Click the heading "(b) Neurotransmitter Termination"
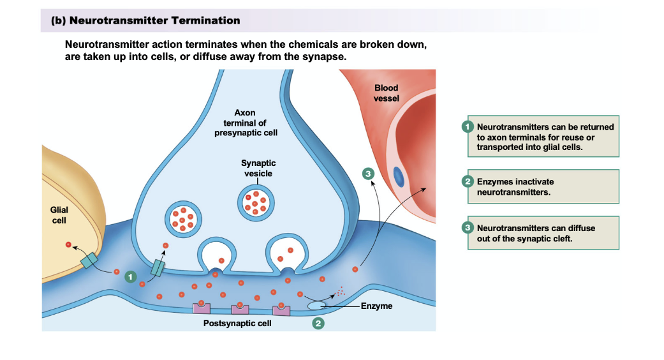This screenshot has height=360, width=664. [145, 20]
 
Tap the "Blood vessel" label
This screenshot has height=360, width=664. [386, 93]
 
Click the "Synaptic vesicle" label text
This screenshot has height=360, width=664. [258, 169]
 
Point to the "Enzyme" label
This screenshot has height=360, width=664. [376, 306]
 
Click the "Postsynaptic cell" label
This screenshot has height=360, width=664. [237, 324]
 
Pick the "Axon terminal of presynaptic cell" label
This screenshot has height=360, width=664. [245, 123]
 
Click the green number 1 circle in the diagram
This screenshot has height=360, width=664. [130, 276]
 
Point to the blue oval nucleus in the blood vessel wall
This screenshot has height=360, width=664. [399, 176]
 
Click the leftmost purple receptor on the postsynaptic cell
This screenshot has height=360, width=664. [201, 308]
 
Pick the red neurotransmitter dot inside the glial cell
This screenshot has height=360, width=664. [68, 244]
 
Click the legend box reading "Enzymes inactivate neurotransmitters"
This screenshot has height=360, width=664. [543, 186]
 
